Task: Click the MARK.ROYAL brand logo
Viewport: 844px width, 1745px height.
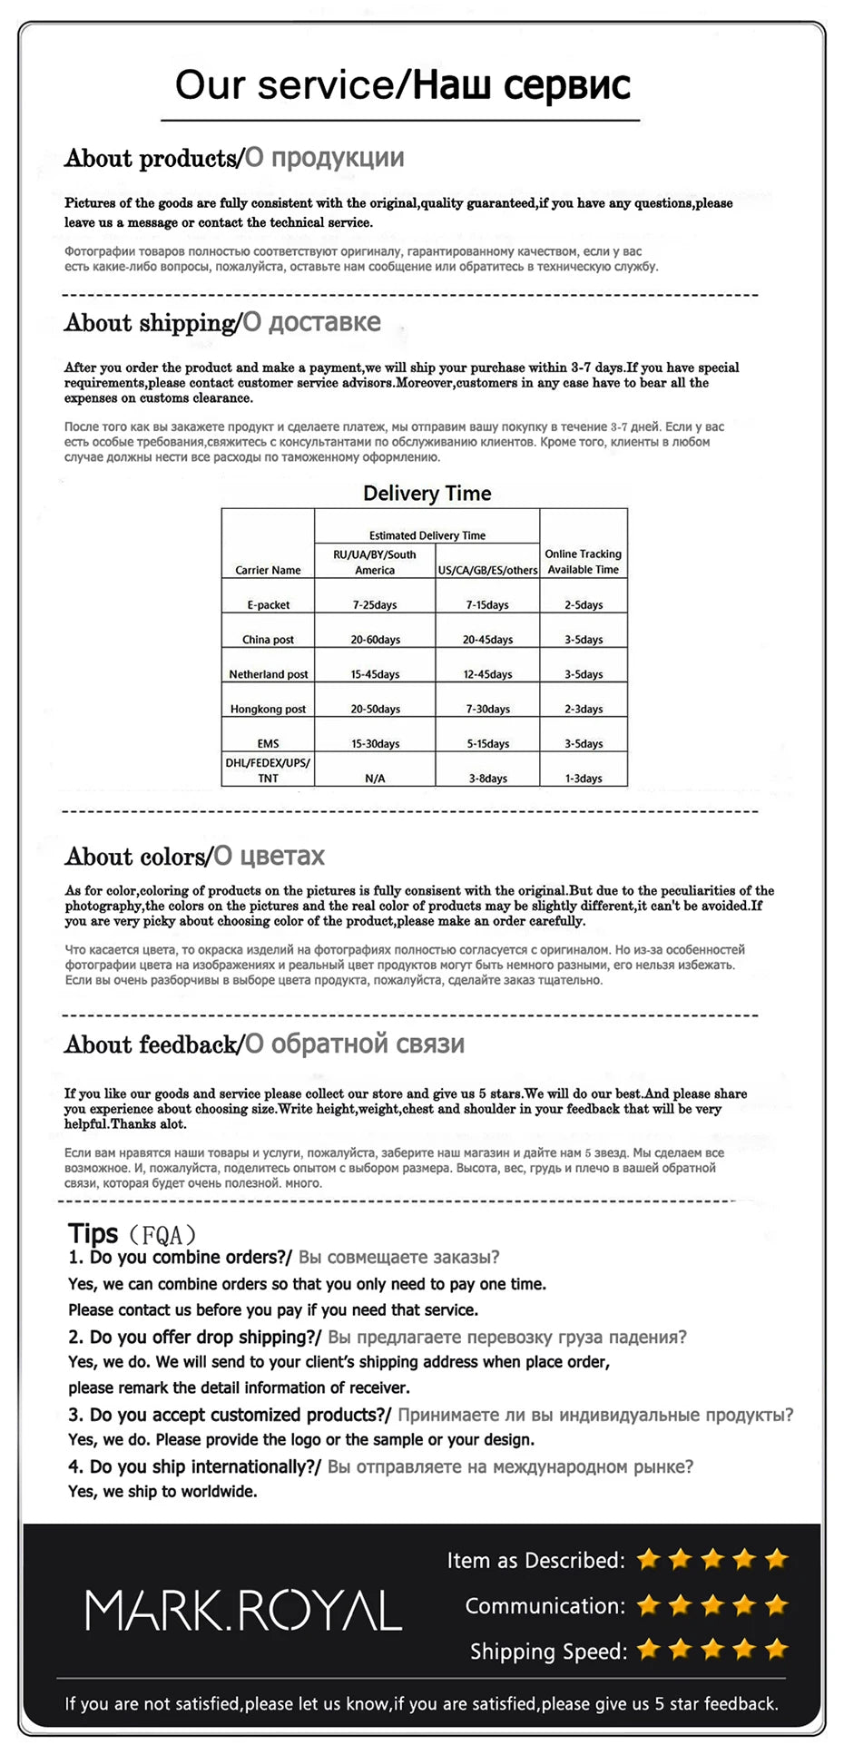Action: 243,1610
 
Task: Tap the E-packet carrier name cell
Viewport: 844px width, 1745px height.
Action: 268,604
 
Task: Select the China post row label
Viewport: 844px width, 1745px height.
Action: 268,640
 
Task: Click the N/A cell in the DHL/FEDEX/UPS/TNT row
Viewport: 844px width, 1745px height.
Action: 375,779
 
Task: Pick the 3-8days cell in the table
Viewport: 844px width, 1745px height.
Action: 487,779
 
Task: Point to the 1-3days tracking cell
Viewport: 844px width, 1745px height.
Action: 584,779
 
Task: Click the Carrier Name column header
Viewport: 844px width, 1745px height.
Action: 268,570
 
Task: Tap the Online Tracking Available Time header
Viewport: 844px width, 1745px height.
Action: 584,562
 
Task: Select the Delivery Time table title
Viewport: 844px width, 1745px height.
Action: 427,494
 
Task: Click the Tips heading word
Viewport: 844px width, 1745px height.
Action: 93,1233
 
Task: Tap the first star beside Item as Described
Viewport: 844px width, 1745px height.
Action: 648,1560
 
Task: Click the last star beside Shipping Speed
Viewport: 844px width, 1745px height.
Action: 776,1649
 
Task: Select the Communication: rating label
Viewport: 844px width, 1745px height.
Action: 545,1605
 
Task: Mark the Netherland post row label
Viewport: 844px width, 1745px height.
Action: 268,674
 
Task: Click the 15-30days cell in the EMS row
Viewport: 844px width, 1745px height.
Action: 375,744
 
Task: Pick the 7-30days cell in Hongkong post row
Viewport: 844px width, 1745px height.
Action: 487,709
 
